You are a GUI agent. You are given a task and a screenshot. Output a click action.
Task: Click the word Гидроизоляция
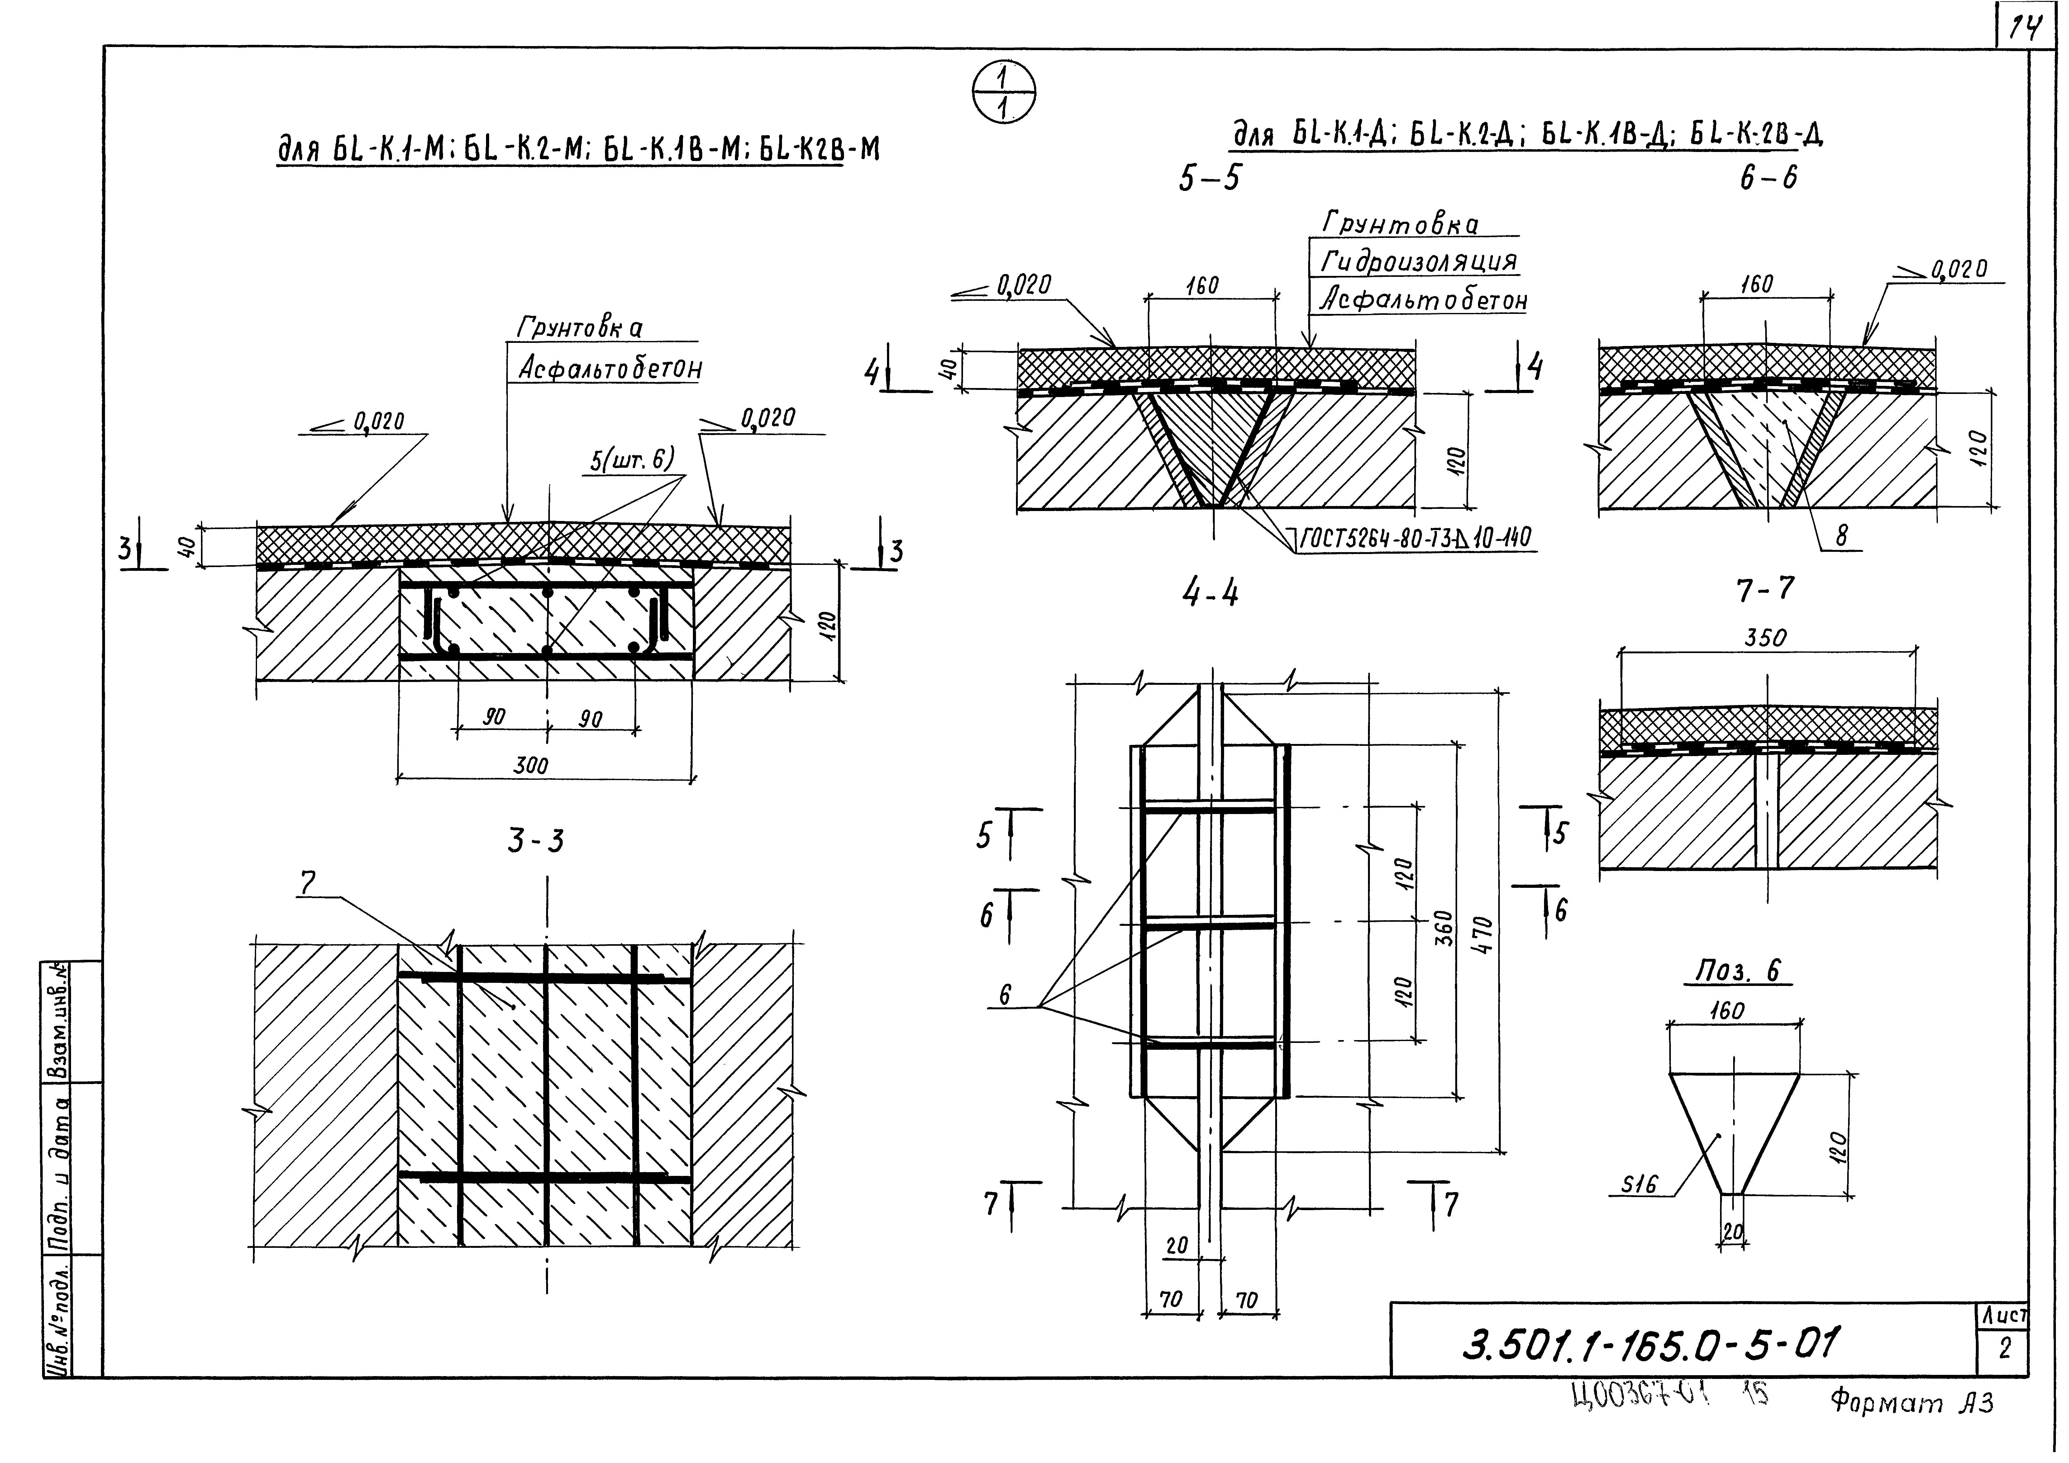coord(1419,262)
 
